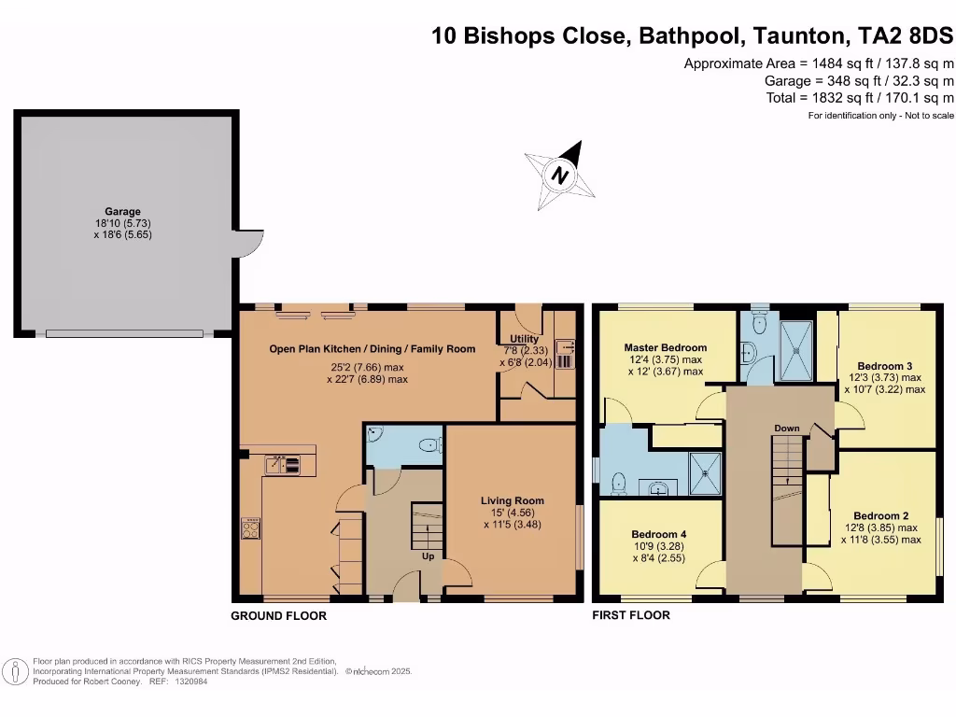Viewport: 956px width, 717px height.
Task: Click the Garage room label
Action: (x=122, y=212)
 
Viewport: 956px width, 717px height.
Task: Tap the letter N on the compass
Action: (x=560, y=176)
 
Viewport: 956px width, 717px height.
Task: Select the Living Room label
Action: (x=513, y=500)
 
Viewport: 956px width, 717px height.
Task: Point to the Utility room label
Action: (x=525, y=338)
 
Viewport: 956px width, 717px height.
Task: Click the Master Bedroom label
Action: (x=665, y=347)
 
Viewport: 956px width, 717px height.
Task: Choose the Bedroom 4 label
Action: (x=658, y=535)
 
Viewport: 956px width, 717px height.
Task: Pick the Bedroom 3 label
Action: (x=885, y=366)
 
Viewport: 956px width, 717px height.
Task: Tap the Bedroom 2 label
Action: (x=881, y=515)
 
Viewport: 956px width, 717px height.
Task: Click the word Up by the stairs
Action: (x=428, y=556)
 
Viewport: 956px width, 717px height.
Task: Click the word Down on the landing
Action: (x=786, y=428)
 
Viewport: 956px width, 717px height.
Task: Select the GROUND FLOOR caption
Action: (x=278, y=616)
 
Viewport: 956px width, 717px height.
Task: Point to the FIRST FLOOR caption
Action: (x=631, y=615)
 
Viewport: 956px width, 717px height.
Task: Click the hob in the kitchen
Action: (x=250, y=528)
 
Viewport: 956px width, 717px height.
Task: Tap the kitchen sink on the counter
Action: (x=283, y=465)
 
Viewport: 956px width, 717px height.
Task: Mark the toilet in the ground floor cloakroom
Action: (x=431, y=445)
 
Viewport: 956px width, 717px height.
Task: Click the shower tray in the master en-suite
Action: (x=704, y=473)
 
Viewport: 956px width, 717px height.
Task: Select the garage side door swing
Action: (x=250, y=244)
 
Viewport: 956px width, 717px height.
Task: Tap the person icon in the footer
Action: (x=15, y=671)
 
